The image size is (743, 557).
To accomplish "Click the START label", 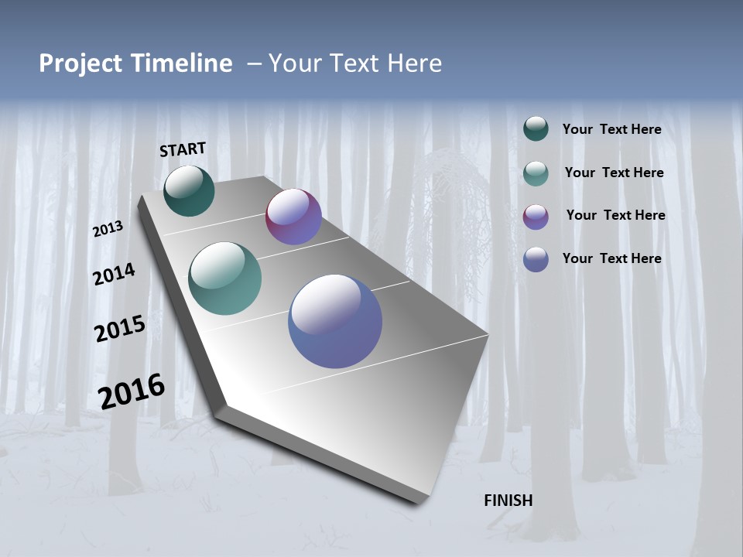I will (x=183, y=149).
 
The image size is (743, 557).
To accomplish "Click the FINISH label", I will (x=508, y=501).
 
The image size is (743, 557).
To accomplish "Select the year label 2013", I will (x=108, y=229).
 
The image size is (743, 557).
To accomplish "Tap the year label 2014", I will (x=114, y=274).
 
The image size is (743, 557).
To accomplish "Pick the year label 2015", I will (x=120, y=329).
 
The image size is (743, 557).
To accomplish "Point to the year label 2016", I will (x=132, y=391).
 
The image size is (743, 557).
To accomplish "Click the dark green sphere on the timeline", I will (x=189, y=190).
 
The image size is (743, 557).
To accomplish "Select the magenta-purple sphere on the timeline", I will (x=293, y=217).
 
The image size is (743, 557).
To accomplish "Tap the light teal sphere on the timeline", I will (x=224, y=278).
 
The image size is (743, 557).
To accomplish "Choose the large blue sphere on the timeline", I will (x=335, y=321).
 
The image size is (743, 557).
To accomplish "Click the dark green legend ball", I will (x=536, y=128).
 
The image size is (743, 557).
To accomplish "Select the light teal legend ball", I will (x=536, y=173).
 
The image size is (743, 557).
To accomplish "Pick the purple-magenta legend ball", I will (x=536, y=216).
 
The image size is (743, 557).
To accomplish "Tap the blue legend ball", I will (x=536, y=259).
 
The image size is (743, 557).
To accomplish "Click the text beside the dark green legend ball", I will (x=611, y=129).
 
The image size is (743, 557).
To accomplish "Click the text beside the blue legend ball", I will (x=611, y=258).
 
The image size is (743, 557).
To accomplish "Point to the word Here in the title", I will (x=414, y=63).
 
